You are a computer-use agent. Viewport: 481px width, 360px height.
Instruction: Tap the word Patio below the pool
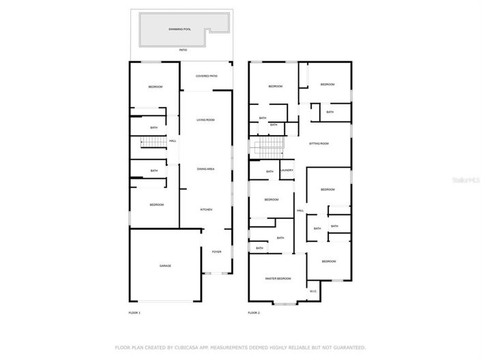coord(183,50)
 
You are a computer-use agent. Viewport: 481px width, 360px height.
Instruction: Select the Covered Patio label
coord(206,76)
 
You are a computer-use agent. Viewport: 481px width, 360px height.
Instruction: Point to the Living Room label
coord(205,120)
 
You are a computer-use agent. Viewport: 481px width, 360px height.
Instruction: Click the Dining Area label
coord(205,168)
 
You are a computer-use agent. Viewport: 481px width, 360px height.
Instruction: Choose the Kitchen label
coord(205,209)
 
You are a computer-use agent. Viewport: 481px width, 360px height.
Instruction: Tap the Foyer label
coord(216,252)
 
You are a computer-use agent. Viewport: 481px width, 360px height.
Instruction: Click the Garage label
coord(165,266)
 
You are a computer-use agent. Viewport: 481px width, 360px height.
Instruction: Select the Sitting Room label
coord(319,144)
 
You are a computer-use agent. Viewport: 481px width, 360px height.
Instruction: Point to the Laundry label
coord(287,170)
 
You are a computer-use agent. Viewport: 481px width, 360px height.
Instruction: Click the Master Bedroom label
coord(278,278)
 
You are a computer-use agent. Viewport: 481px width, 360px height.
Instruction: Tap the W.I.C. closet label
coord(312,291)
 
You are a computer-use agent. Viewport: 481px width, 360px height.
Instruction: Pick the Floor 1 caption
coord(134,312)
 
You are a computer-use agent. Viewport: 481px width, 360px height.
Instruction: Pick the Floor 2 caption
coord(254,312)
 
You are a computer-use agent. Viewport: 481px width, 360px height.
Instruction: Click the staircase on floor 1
coord(154,142)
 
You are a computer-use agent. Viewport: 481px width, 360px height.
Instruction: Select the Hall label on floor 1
coord(173,141)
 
